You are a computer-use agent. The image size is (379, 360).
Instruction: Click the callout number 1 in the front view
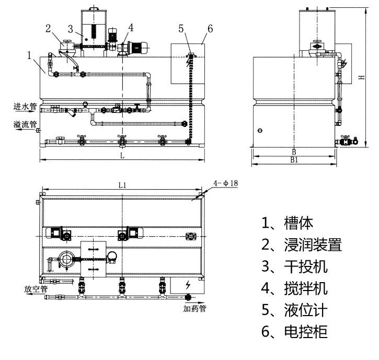[x=30, y=54]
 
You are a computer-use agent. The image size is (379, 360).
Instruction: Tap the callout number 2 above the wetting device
[x=48, y=28]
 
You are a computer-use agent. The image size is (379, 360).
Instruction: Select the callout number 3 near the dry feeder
[x=70, y=28]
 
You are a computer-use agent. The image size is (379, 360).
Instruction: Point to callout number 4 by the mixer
[x=130, y=27]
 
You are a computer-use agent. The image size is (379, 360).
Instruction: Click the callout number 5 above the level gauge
[x=181, y=28]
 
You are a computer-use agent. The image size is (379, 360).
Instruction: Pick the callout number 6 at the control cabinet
[x=210, y=28]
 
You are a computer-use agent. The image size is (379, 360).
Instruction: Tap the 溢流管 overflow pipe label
[x=25, y=124]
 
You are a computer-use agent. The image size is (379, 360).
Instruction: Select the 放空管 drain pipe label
[x=36, y=288]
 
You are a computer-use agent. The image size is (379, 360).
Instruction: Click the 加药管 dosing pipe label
[x=194, y=308]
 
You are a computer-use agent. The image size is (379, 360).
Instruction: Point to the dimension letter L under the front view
[x=122, y=156]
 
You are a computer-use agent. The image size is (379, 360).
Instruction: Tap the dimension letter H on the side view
[x=361, y=77]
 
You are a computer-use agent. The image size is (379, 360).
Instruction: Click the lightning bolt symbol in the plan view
[x=187, y=285]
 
